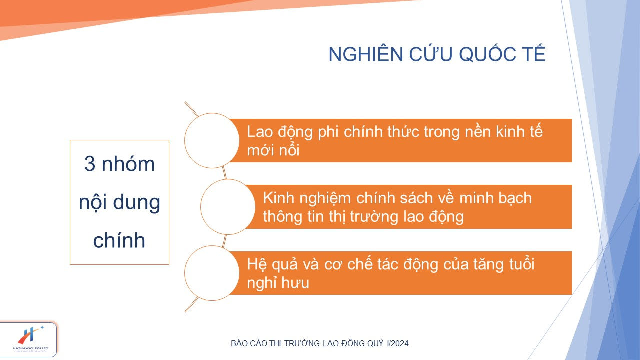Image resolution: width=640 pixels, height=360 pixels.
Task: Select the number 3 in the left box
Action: [89, 164]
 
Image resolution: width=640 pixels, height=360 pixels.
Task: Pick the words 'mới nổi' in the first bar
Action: [273, 150]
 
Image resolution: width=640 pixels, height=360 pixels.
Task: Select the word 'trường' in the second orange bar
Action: [374, 216]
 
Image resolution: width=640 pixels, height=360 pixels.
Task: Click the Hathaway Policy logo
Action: [28, 339]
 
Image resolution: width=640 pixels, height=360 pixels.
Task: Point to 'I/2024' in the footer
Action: [398, 343]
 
